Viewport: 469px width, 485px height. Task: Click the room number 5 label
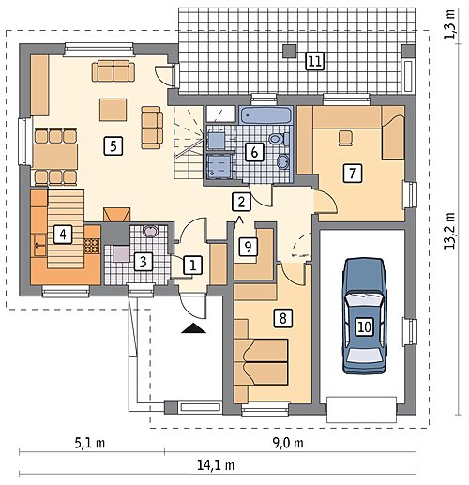coord(113,145)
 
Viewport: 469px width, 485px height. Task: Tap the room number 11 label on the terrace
coord(314,61)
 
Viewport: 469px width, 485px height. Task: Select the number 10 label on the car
coord(364,326)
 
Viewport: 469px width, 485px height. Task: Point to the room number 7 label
coord(353,173)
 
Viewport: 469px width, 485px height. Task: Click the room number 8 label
coord(283,318)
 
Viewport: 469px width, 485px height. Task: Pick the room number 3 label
coord(144,262)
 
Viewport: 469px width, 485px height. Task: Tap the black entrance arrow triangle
coord(194,328)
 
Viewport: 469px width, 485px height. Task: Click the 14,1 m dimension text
coord(216,465)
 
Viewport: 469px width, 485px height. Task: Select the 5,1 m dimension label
coord(90,443)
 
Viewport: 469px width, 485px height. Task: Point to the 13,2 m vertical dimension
coord(449,231)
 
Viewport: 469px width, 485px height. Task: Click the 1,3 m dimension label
coord(449,24)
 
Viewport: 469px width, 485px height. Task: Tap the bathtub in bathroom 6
coord(265,114)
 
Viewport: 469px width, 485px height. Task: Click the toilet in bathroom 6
coord(279,139)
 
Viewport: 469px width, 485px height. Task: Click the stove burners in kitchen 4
coord(92,246)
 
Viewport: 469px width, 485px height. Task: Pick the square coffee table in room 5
coord(113,110)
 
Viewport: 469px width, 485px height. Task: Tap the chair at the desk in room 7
coord(345,138)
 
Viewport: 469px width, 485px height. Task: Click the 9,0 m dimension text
coord(288,443)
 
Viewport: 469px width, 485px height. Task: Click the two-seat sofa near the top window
coord(113,71)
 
